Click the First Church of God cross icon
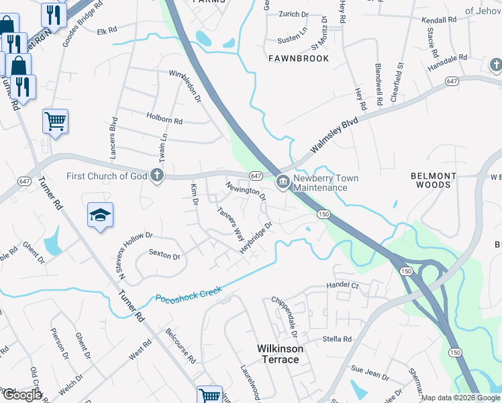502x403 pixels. click(157, 177)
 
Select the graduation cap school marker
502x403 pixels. click(101, 215)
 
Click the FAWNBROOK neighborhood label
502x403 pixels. click(299, 58)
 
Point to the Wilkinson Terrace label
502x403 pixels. click(281, 354)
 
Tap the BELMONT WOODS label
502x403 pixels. click(434, 180)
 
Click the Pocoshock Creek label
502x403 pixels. click(188, 293)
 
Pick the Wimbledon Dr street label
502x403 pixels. click(185, 85)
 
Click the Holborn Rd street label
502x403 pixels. click(164, 118)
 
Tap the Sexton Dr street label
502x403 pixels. click(164, 256)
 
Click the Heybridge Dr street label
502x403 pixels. click(258, 238)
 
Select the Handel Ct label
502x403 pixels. click(343, 285)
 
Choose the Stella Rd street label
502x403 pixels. click(338, 339)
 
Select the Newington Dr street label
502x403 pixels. click(246, 190)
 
